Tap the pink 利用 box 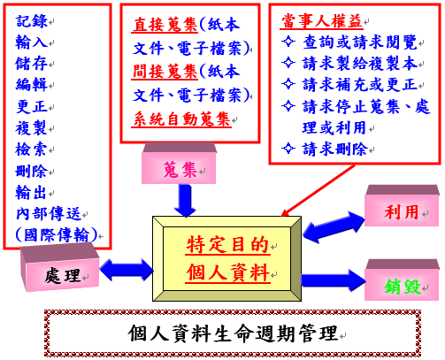(x=395, y=213)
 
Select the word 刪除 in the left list (x=34, y=171)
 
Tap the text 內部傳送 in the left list (x=50, y=213)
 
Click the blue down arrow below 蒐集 (x=186, y=202)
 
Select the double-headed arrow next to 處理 (x=129, y=267)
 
